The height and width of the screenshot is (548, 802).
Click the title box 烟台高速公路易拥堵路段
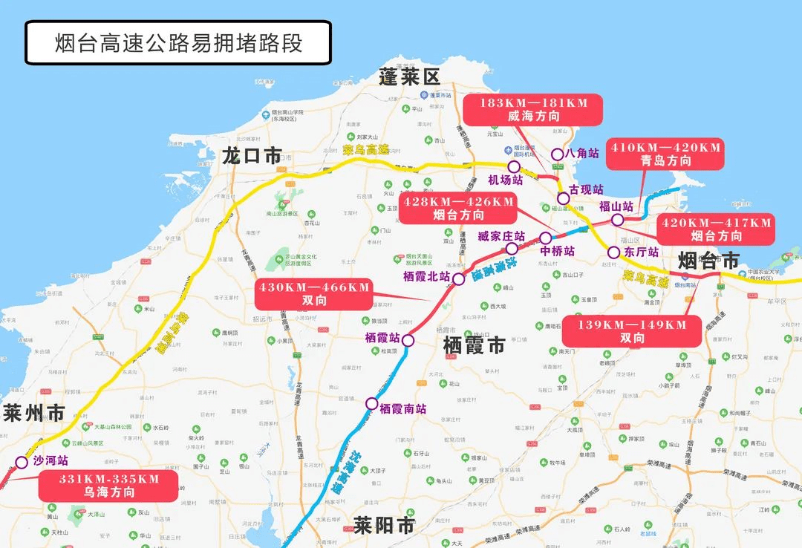click(178, 42)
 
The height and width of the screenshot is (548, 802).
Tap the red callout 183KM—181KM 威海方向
click(532, 109)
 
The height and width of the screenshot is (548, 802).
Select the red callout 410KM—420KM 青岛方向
click(665, 154)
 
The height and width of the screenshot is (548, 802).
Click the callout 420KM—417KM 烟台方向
click(716, 229)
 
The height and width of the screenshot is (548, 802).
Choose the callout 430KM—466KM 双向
click(313, 294)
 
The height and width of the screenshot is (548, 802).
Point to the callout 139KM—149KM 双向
click(632, 331)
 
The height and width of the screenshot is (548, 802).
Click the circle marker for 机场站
click(514, 167)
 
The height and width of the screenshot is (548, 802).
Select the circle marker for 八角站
click(557, 154)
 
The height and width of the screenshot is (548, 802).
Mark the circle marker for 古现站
click(564, 198)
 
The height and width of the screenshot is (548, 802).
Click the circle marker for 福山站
click(617, 220)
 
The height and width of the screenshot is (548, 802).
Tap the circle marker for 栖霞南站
click(371, 403)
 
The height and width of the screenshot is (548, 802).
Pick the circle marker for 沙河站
click(22, 463)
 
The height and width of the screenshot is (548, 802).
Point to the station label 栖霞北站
click(426, 276)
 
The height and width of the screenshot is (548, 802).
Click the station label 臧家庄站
click(501, 237)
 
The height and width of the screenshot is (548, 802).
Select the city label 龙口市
click(252, 155)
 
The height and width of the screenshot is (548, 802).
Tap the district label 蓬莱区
click(409, 76)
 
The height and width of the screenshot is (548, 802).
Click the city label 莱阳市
click(384, 526)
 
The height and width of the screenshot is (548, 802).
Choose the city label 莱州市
click(33, 413)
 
